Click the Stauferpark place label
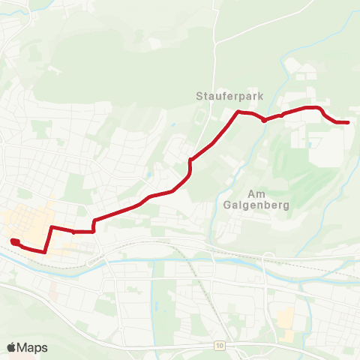(226, 96)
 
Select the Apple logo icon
(12, 347)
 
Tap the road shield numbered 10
(218, 346)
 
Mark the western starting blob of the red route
(15, 241)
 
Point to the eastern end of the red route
(347, 121)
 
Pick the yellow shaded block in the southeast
(285, 318)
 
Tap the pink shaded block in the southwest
(55, 289)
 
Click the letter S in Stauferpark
(199, 96)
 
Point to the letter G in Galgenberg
(227, 204)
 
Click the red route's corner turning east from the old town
(52, 226)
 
